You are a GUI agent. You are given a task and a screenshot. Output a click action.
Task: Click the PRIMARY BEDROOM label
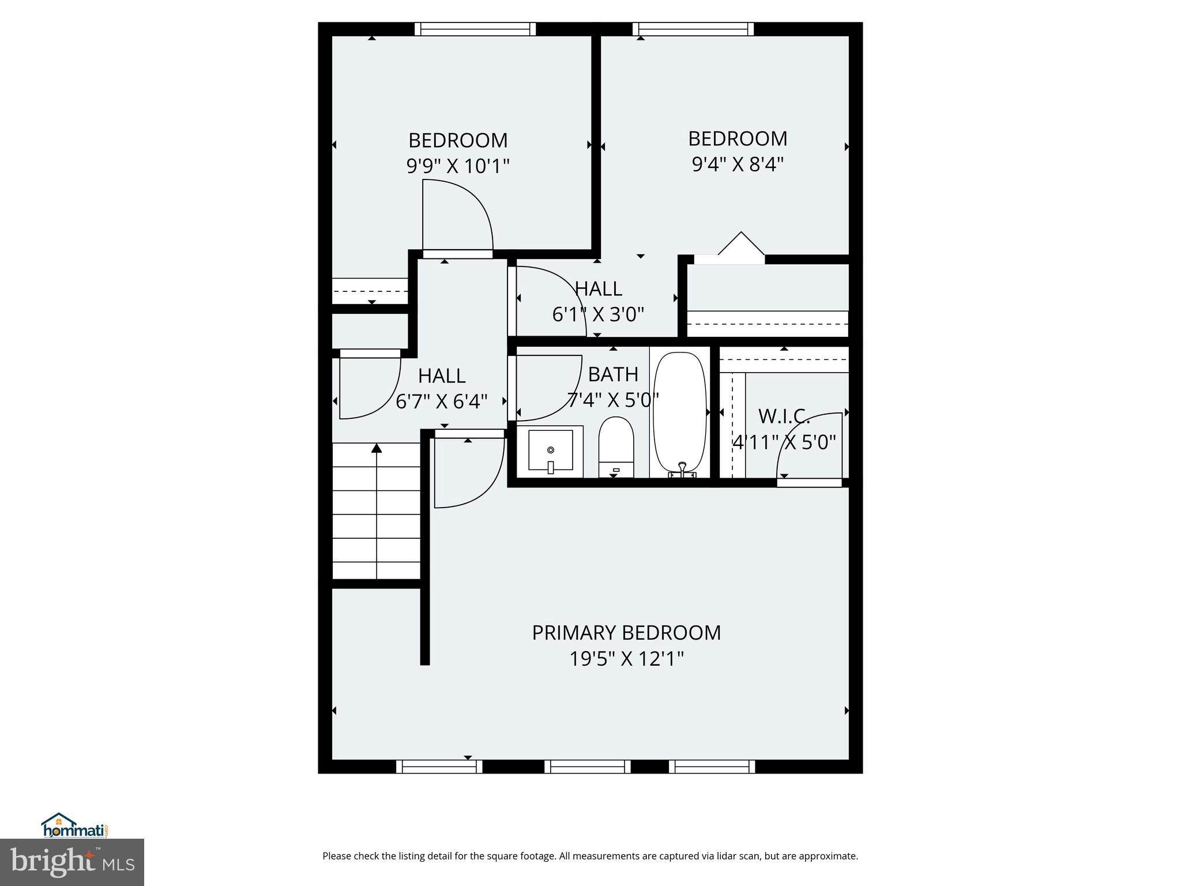(x=626, y=633)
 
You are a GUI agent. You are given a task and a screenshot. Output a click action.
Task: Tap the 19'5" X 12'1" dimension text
(x=626, y=659)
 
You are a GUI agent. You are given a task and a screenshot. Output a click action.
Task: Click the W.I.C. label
(x=784, y=416)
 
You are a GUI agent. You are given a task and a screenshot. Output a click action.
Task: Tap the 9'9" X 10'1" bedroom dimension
(x=458, y=167)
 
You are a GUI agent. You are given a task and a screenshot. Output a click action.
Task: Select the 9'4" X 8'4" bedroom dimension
(x=738, y=165)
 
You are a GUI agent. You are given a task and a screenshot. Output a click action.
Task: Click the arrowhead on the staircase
(x=377, y=448)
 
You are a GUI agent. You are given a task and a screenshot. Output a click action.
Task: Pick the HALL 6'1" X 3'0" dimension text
(x=598, y=314)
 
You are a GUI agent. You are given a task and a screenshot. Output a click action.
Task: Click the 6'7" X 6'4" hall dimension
(x=442, y=401)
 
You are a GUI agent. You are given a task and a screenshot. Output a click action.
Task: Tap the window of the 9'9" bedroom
(x=475, y=29)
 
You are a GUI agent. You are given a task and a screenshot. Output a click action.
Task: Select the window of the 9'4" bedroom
(x=693, y=29)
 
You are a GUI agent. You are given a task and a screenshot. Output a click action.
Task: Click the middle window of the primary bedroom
(x=588, y=767)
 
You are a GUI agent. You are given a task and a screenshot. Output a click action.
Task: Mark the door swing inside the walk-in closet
(x=807, y=444)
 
